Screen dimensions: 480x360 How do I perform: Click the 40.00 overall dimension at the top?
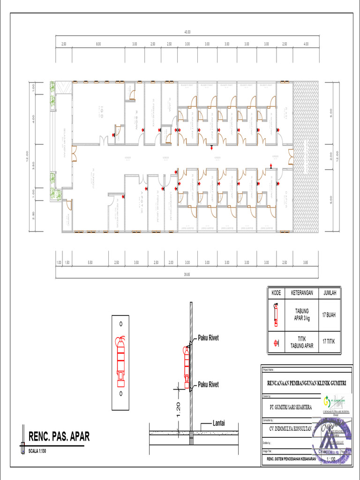click(187, 32)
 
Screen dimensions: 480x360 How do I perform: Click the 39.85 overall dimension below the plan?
click(187, 275)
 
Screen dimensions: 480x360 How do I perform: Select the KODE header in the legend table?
click(276, 293)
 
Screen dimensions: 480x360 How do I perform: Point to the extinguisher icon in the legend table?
click(276, 315)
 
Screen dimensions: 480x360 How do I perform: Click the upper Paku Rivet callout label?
click(208, 337)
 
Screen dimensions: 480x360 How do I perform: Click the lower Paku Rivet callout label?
click(208, 384)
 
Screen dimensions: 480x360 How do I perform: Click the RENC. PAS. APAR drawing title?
click(59, 437)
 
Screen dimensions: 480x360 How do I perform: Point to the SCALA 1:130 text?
click(41, 451)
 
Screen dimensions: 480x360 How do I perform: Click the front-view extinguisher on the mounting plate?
click(121, 356)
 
